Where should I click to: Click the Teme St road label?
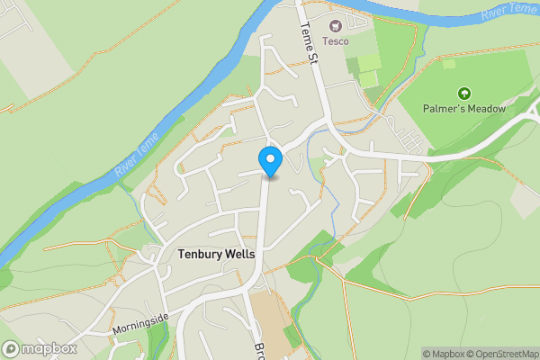[309, 43]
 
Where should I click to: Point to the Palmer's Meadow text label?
[464, 109]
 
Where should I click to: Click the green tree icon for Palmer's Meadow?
[464, 94]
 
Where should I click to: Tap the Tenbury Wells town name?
[216, 255]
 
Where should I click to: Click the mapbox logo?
[40, 348]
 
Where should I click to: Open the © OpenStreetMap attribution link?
[500, 353]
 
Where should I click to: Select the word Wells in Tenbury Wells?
[238, 255]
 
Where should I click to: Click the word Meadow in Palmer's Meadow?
[486, 109]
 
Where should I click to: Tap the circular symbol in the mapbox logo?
[12, 348]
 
